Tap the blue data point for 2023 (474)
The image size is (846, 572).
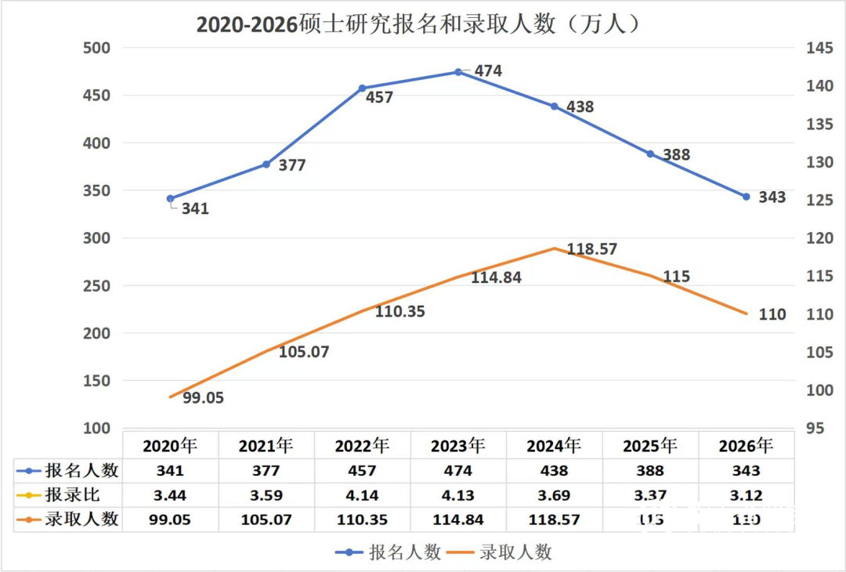458,72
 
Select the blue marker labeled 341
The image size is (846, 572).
171,199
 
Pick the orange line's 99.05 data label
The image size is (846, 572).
203,398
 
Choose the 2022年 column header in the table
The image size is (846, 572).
362,447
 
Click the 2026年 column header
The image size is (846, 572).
746,447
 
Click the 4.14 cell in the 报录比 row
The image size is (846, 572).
362,495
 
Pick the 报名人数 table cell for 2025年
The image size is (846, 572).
650,471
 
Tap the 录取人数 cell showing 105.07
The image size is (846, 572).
266,520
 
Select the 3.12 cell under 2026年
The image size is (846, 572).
746,495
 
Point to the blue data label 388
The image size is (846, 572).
676,155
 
